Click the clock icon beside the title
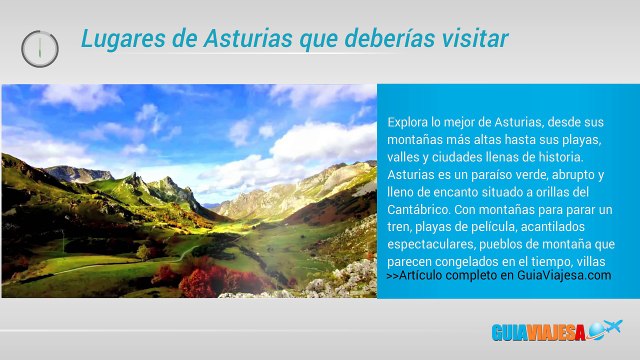pyautogui.click(x=40, y=47)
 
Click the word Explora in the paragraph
pyautogui.click(x=408, y=122)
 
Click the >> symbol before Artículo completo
pyautogui.click(x=391, y=276)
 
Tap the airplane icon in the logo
pyautogui.click(x=606, y=329)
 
